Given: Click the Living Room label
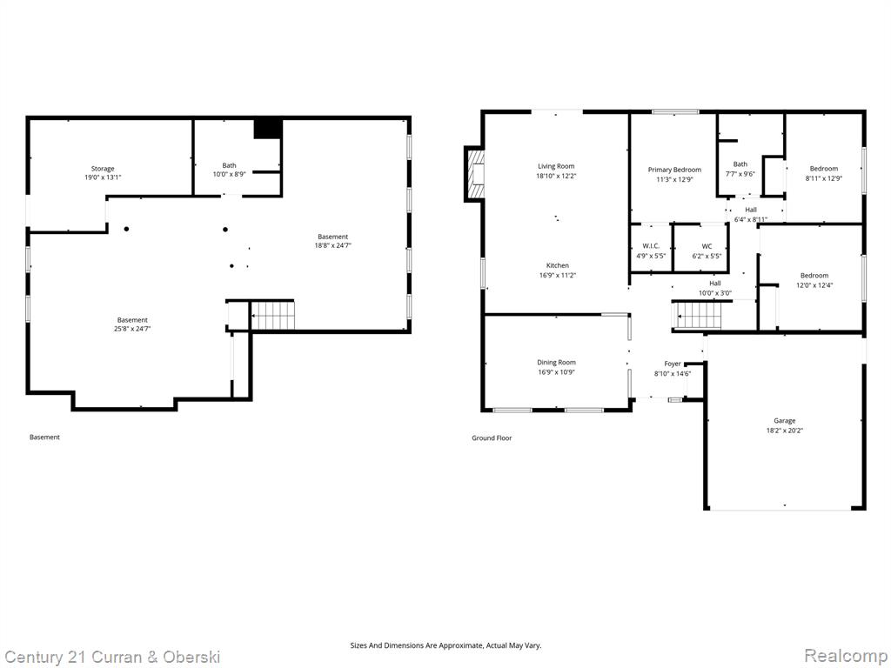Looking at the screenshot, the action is (x=556, y=166).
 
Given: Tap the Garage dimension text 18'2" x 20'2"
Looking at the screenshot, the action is (x=784, y=431).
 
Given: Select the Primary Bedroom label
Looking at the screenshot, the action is (x=674, y=170).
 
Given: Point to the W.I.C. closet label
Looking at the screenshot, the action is (x=651, y=246).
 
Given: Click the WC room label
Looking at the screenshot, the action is (x=707, y=246).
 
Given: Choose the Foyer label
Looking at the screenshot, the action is (x=673, y=364).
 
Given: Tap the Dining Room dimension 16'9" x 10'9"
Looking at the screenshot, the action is (x=556, y=372).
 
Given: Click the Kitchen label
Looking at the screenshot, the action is (x=558, y=265).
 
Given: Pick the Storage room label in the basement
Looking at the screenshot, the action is (x=103, y=169).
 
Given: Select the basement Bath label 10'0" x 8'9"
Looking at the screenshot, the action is (x=229, y=170).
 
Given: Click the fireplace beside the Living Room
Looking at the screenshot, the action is (x=475, y=174).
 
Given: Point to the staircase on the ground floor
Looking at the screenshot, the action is (x=697, y=316).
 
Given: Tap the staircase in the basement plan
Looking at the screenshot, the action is (x=272, y=316).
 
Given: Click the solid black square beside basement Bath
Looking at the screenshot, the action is (x=268, y=129).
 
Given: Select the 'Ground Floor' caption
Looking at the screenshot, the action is (x=492, y=438).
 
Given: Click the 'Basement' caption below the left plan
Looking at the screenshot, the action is (x=44, y=438).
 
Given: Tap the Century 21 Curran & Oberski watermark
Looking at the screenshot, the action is (x=112, y=658).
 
